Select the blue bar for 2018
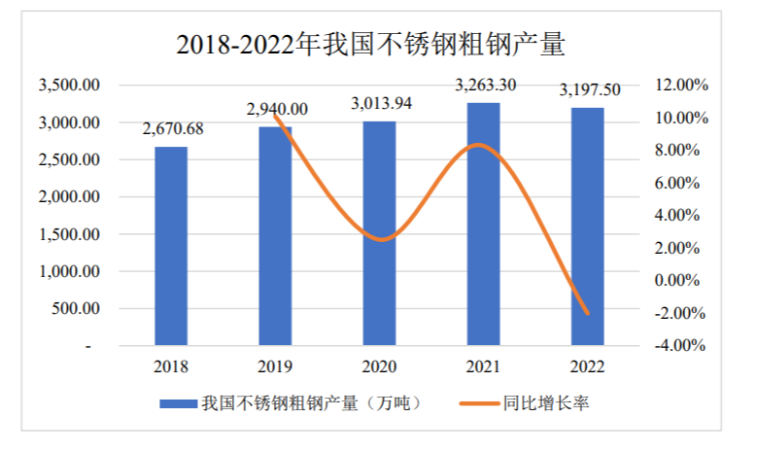pyautogui.click(x=171, y=246)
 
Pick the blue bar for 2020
pyautogui.click(x=379, y=233)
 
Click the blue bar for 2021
pyautogui.click(x=483, y=224)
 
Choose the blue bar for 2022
pyautogui.click(x=587, y=226)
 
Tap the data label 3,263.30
pyautogui.click(x=485, y=86)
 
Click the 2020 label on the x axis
pyautogui.click(x=379, y=366)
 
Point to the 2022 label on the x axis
pyautogui.click(x=587, y=366)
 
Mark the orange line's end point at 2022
pyautogui.click(x=587, y=313)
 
